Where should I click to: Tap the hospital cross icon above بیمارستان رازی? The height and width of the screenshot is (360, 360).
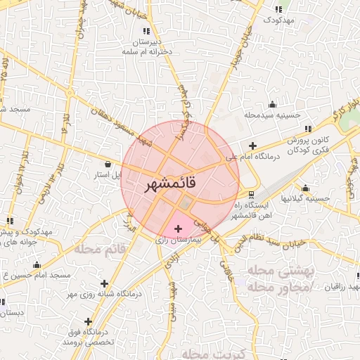pos(177,229)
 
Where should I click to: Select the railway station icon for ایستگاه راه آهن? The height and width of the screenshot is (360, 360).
pos(252,194)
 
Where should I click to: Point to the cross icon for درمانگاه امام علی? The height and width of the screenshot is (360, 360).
pos(252,146)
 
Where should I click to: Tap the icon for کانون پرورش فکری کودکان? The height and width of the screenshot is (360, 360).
pos(308,129)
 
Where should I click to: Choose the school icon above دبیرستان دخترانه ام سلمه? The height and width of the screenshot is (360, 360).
pos(146,31)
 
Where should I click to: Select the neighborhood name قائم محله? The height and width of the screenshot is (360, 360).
pos(105,249)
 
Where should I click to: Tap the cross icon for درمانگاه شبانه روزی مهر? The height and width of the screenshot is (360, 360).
pos(105,283)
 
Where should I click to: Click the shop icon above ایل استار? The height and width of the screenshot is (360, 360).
pos(107,163)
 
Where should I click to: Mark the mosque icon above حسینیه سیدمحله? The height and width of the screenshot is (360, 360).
pos(272,104)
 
